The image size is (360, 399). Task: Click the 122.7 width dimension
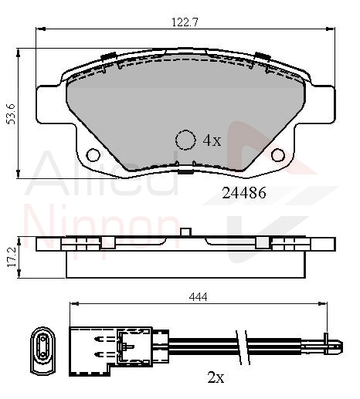click(185, 22)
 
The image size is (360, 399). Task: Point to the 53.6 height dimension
click(12, 114)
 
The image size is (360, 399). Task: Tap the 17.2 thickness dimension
click(12, 256)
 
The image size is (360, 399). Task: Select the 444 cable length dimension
click(198, 297)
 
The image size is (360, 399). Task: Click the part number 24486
click(243, 193)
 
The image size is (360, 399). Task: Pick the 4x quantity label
click(212, 140)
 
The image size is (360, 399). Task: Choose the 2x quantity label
click(216, 377)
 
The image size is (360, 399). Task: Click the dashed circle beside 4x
click(185, 140)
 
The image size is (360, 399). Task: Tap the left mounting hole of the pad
click(93, 155)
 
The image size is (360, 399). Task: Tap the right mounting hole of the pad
click(278, 155)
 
